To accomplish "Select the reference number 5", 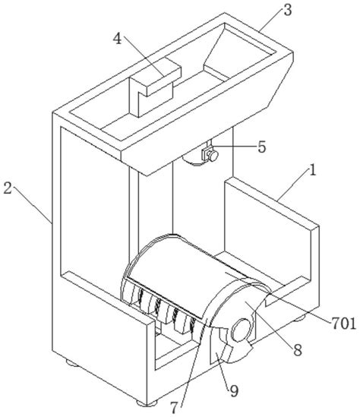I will click(261, 146).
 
